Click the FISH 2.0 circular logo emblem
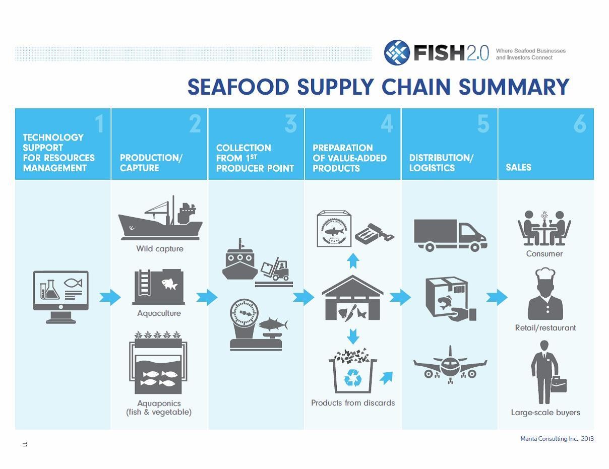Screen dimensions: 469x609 (397, 52)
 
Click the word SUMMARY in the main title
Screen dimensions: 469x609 (514, 87)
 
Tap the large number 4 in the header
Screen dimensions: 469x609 (387, 124)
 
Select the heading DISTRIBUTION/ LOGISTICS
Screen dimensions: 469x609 (441, 163)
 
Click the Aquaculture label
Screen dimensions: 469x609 (159, 313)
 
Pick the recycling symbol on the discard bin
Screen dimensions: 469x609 (352, 377)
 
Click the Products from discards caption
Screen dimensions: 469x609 (353, 403)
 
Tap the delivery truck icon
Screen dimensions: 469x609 (450, 235)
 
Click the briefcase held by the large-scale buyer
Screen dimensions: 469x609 (559, 384)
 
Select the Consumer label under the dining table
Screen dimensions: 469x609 (544, 254)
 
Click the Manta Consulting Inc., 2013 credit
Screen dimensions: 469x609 (557, 439)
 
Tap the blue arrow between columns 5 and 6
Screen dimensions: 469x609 (497, 297)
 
